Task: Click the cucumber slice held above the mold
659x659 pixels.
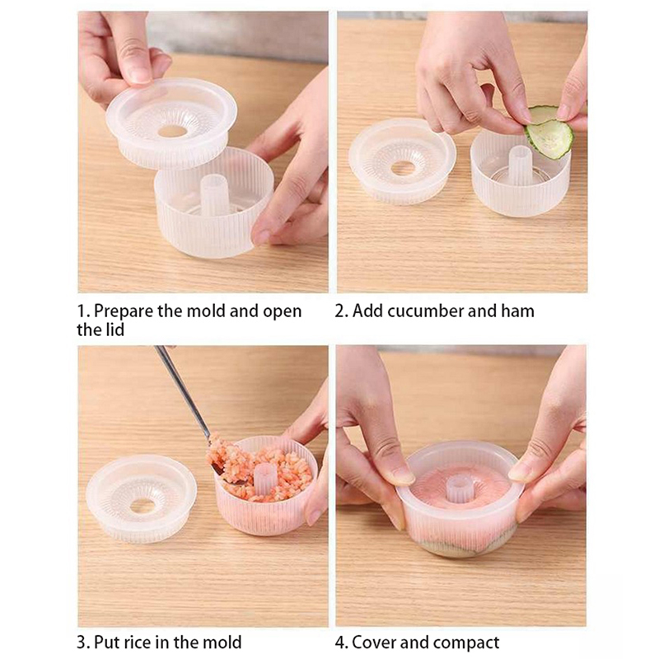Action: click(x=549, y=132)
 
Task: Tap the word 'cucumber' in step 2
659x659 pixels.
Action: click(x=426, y=311)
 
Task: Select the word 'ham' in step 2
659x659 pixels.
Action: click(x=517, y=311)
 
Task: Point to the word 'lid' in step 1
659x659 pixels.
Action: click(x=115, y=330)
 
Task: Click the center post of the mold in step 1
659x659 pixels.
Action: click(x=213, y=194)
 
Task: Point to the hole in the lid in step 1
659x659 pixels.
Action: click(x=172, y=131)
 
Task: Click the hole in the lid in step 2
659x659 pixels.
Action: click(x=403, y=169)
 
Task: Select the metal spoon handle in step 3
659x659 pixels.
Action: click(x=183, y=390)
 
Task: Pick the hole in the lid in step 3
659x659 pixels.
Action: click(x=142, y=507)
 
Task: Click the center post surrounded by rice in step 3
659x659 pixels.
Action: click(x=265, y=482)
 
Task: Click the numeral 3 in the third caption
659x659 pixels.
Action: click(x=81, y=643)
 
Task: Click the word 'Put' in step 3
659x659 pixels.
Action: click(x=105, y=643)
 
